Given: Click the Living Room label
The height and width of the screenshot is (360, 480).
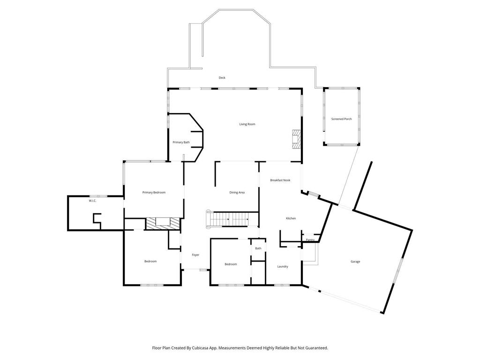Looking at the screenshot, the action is coord(247,124).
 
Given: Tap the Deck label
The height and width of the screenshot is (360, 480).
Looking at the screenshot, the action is coord(222,78).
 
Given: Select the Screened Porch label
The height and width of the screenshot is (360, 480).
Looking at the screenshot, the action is coord(341,119).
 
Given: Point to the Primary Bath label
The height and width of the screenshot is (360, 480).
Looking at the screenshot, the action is coord(181,142).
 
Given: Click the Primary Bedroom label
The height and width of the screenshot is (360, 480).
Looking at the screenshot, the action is coord(154,193).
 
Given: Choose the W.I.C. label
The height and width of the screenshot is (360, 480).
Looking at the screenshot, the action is coord(92,201).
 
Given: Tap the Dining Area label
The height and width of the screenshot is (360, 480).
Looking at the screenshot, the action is coord(237,193).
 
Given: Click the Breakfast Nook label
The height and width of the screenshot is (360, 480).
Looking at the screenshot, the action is coord(280,180).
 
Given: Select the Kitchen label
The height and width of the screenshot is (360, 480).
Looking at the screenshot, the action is coord(291,218).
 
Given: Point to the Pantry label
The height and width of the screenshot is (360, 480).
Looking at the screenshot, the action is coord(310,240).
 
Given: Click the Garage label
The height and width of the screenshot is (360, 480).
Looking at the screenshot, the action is coord(355,262).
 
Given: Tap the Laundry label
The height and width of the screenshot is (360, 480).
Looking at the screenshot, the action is coord(283,267).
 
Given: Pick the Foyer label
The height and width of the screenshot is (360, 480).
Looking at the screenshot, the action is coord(195,255).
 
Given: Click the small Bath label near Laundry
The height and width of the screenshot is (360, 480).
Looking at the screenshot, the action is coord(258,248).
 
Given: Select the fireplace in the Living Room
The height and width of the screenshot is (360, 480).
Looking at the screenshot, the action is coord(296,139).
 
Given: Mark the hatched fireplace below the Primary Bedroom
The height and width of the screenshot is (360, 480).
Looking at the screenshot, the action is coord(162,223).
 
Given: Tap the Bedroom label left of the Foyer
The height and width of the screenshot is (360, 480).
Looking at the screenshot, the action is coord(150,262).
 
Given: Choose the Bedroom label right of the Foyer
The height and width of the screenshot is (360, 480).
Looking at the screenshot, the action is coord(231,264).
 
